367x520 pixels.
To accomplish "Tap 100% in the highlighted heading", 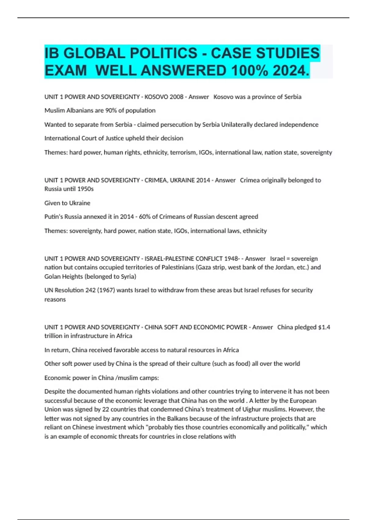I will (250, 71).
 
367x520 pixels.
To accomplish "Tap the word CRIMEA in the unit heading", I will (155, 180).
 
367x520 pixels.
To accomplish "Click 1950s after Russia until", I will (85, 189).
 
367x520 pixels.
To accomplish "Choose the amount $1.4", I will (324, 327).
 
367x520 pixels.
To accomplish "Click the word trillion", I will (54, 336).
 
